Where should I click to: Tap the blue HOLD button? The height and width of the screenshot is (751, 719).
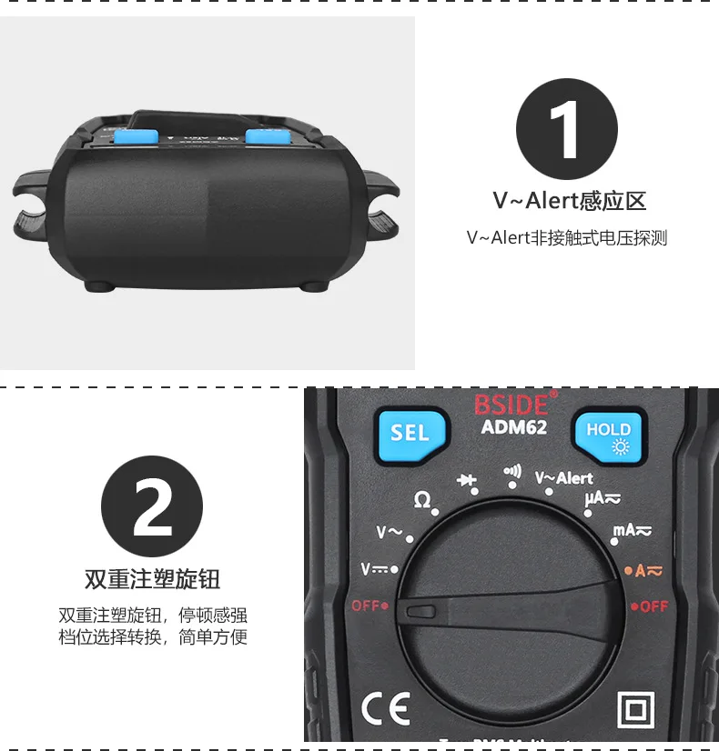tap(608, 436)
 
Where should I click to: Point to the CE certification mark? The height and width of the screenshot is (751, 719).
tap(386, 706)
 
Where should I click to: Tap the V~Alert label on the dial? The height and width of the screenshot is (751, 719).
tap(563, 478)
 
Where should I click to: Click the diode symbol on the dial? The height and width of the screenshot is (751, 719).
tap(467, 479)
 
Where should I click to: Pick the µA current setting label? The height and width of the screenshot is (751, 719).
tap(603, 498)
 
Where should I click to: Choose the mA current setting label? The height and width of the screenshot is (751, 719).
tap(631, 530)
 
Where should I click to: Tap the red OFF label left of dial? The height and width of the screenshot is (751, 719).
tap(369, 605)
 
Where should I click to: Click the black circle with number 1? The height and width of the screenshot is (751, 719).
tap(566, 129)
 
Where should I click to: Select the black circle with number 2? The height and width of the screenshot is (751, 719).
tap(152, 506)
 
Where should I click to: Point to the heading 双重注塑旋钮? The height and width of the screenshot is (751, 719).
tap(152, 579)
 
